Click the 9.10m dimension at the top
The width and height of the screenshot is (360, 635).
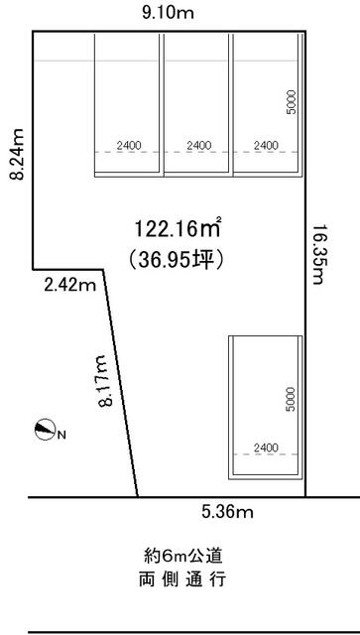pyautogui.click(x=168, y=13)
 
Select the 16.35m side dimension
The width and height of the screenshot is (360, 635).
pyautogui.click(x=319, y=254)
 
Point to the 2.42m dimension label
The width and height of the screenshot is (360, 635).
pyautogui.click(x=70, y=286)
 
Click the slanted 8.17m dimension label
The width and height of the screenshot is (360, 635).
pyautogui.click(x=105, y=381)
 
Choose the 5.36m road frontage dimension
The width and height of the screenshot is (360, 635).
pyautogui.click(x=227, y=513)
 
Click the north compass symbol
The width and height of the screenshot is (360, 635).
pyautogui.click(x=45, y=429)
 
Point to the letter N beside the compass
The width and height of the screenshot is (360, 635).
pyautogui.click(x=61, y=436)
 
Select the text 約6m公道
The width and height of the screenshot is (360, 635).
pyautogui.click(x=183, y=557)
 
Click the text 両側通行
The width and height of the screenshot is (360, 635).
pyautogui.click(x=182, y=580)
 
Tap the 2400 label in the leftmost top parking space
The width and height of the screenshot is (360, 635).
pyautogui.click(x=129, y=146)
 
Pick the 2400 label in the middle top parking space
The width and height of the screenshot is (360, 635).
pyautogui.click(x=198, y=146)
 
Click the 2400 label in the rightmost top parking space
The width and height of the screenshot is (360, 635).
pyautogui.click(x=266, y=146)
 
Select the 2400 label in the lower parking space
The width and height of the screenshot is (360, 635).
pyautogui.click(x=266, y=447)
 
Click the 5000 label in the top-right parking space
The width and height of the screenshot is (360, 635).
pyautogui.click(x=292, y=102)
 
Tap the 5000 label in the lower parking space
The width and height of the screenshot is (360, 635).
pyautogui.click(x=291, y=399)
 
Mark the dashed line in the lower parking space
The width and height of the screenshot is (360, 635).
pyautogui.click(x=265, y=454)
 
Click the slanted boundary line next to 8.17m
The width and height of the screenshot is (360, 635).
pyautogui.click(x=121, y=383)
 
